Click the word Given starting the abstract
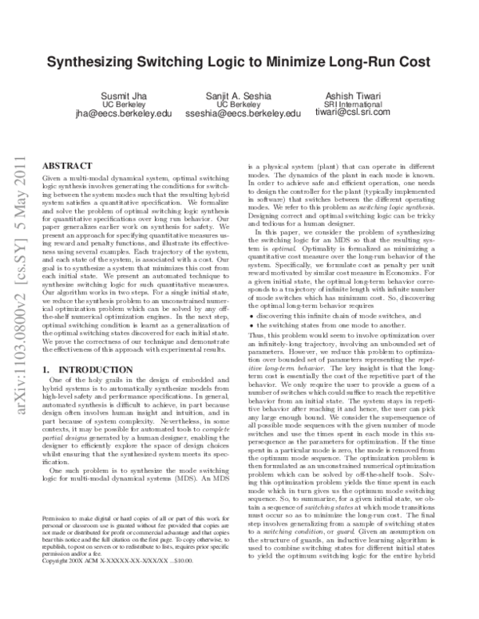click(52, 173)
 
